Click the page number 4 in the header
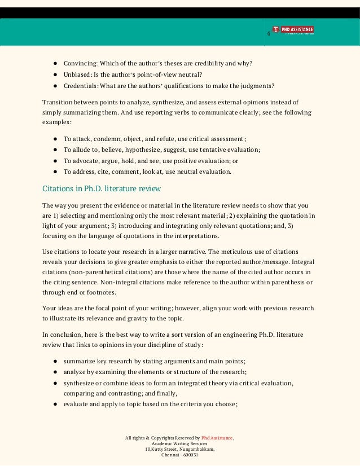(x=269, y=34)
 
